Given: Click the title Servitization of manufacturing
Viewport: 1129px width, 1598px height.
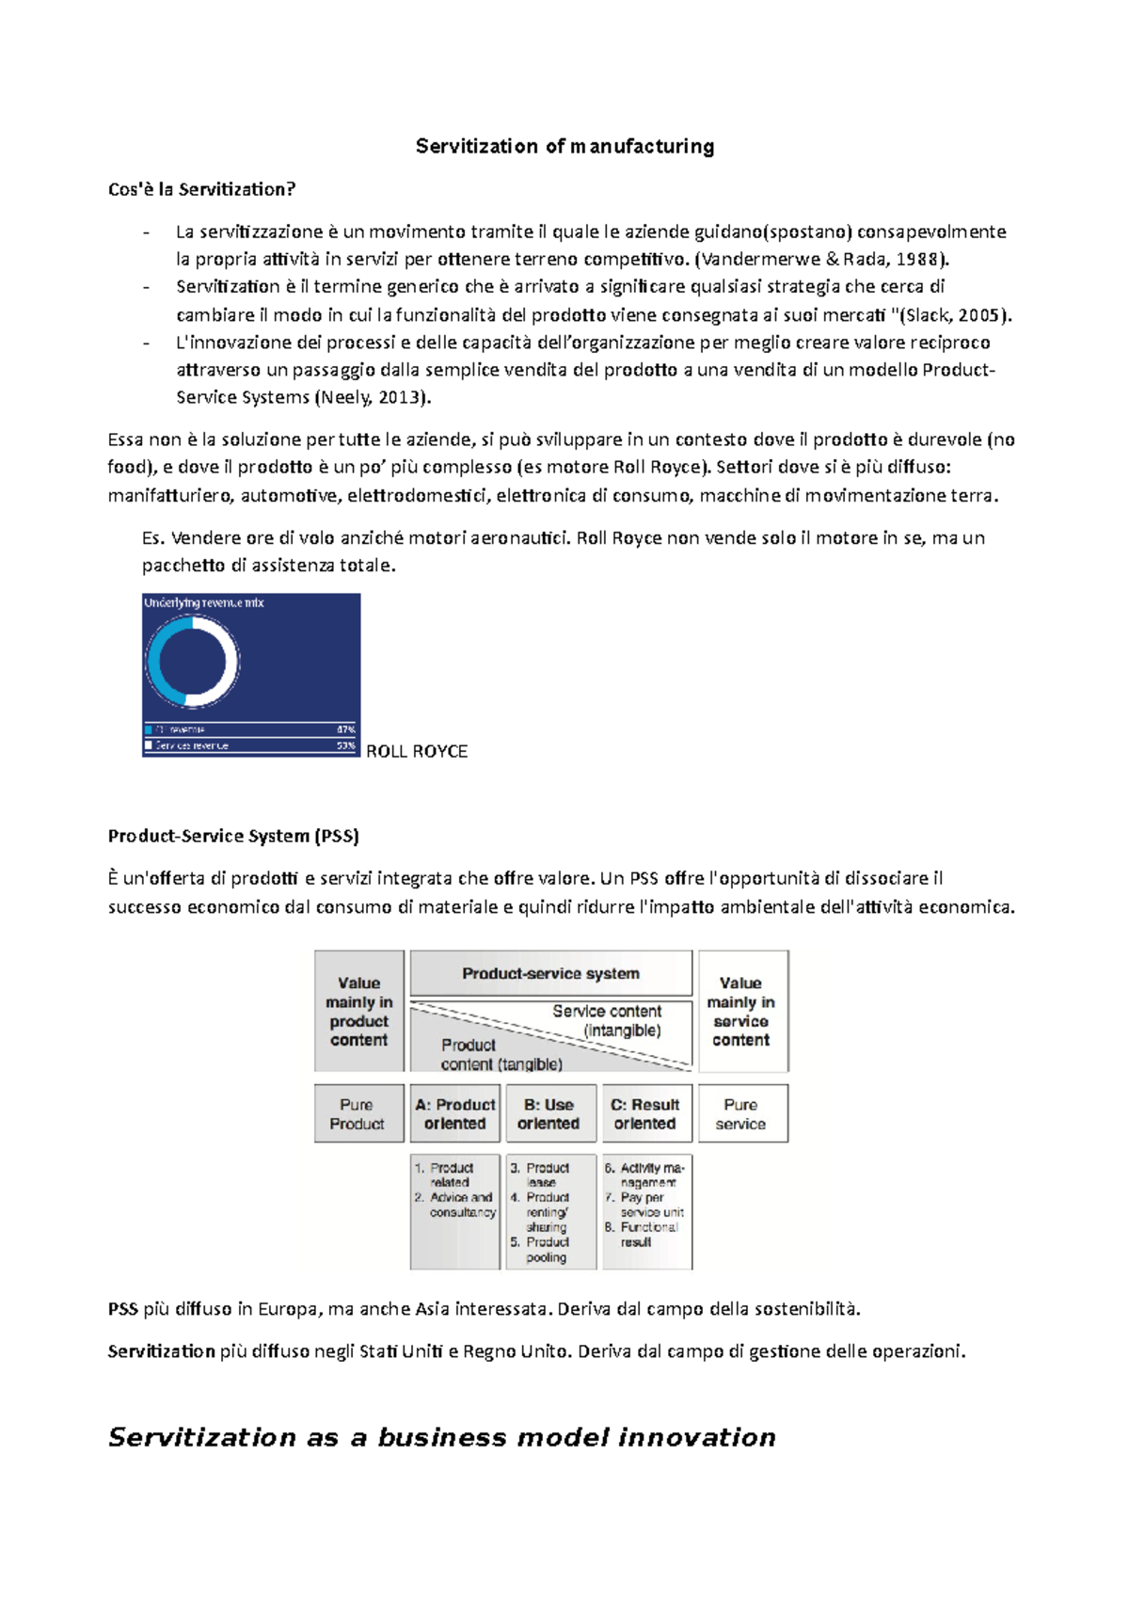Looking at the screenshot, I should coord(564,147).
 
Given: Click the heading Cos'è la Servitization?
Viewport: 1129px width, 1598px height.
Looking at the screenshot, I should coord(201,189).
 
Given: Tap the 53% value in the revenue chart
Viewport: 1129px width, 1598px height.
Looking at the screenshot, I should coord(345,745).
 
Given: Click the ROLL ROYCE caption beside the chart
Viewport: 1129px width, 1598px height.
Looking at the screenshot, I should coord(416,751).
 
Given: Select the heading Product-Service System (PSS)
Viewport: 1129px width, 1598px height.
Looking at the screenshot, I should coord(233,836).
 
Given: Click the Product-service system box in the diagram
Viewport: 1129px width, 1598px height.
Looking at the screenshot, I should coord(550,973).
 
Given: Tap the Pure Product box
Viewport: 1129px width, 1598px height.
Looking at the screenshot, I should coord(358,1113).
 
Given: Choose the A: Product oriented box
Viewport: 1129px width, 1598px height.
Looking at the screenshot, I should coord(455,1113).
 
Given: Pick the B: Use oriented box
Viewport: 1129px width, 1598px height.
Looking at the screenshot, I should coord(549,1113).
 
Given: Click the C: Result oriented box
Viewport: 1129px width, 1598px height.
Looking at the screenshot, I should coord(645,1113).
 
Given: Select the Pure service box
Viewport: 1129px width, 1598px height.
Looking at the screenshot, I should coord(741,1113).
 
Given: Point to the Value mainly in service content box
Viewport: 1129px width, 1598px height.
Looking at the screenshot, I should coord(741,1011).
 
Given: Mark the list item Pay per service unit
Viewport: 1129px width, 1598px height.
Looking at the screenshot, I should coord(649,1205).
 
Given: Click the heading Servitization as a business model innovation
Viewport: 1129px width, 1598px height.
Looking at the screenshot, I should coord(442,1437).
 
